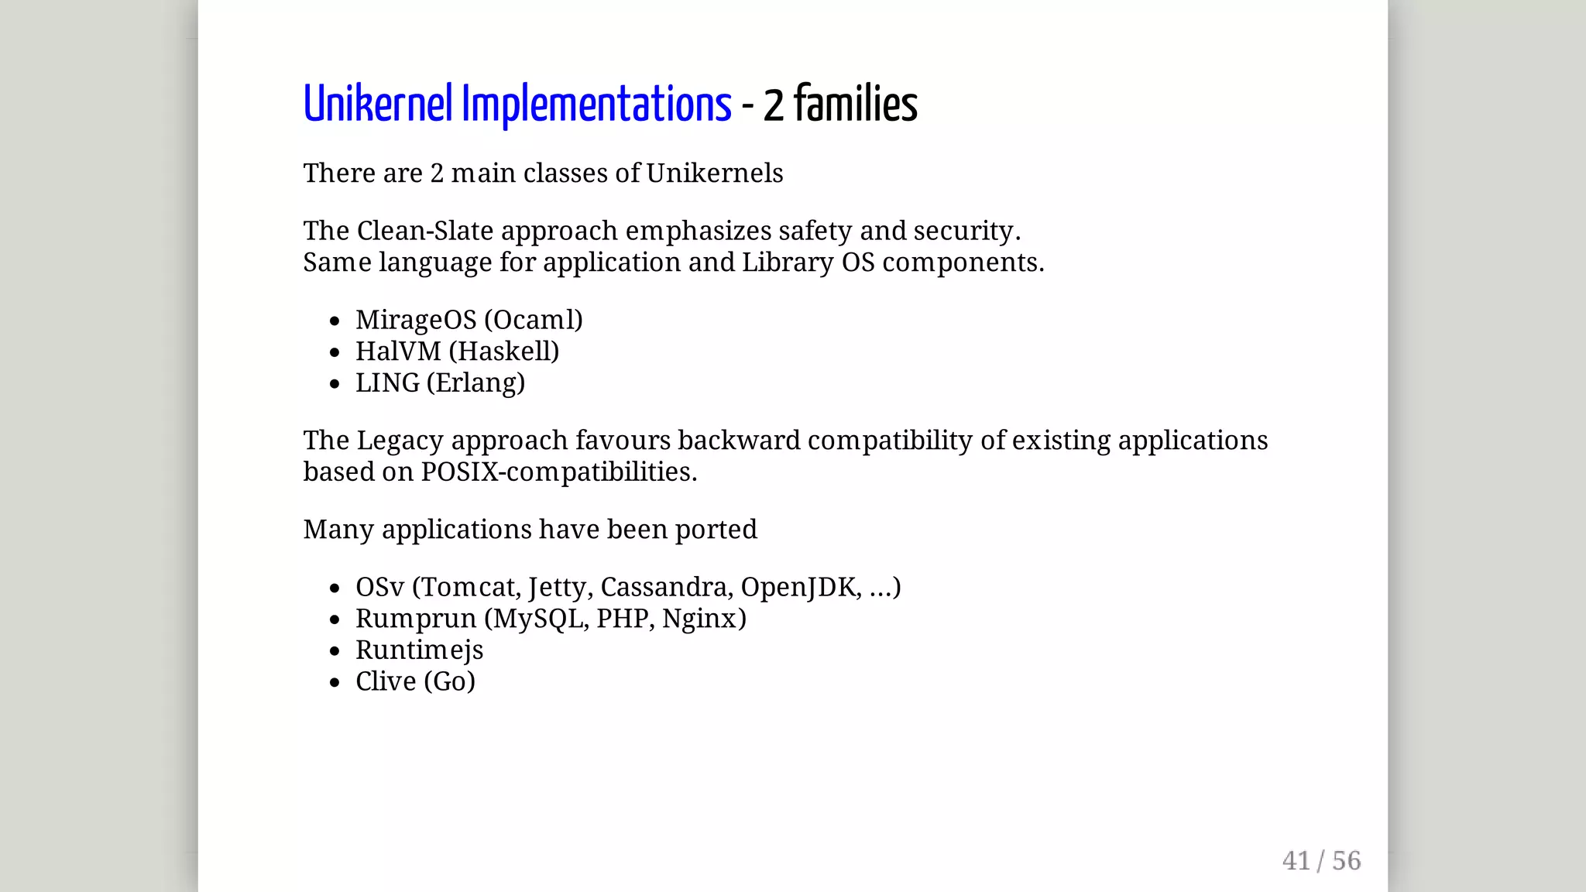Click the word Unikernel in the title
[377, 105]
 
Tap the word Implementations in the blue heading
[596, 105]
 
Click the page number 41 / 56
[1321, 860]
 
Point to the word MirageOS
[416, 320]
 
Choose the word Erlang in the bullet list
[475, 383]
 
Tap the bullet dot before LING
[335, 384]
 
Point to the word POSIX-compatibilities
[558, 472]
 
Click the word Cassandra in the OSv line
[665, 587]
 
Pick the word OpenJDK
[800, 587]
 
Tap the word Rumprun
[416, 619]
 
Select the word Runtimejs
[419, 650]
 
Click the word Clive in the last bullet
[386, 681]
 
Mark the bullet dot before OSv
[335, 588]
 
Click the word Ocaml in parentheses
[533, 320]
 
